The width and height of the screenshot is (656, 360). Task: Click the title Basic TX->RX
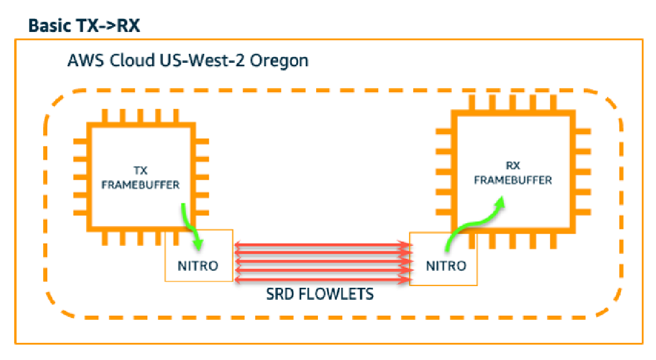[84, 25]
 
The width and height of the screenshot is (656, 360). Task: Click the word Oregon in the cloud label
[279, 61]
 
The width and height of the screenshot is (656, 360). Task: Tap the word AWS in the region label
[86, 60]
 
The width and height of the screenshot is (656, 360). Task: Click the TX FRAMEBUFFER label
[141, 177]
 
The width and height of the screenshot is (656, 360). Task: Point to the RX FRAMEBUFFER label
[513, 173]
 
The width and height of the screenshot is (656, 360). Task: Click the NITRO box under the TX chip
[199, 255]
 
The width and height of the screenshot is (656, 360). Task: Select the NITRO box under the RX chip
[443, 259]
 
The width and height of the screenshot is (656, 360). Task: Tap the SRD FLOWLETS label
[320, 294]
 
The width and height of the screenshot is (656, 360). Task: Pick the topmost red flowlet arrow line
[322, 245]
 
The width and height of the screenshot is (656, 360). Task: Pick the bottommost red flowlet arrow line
[322, 279]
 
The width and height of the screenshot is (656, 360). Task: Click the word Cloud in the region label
[132, 60]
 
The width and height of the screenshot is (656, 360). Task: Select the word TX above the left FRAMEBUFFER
[141, 171]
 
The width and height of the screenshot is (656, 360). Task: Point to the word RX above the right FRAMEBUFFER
[513, 166]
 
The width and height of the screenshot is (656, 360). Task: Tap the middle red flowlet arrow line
[322, 262]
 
